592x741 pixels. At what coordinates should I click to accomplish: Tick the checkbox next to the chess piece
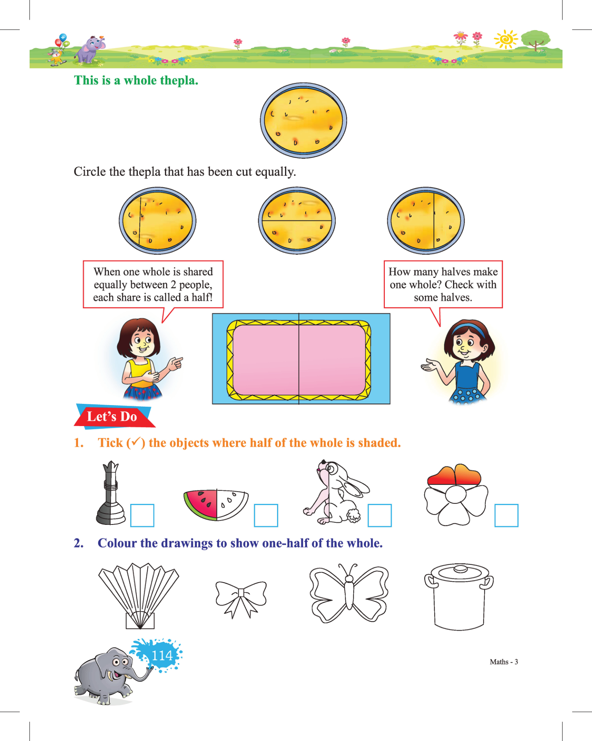click(142, 515)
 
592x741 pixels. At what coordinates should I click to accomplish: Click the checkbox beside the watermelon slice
click(266, 515)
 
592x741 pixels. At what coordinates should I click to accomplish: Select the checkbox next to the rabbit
click(379, 515)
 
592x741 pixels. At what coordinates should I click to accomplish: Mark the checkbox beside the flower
click(506, 515)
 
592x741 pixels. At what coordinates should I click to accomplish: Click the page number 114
click(162, 655)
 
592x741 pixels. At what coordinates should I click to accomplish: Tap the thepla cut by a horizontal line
click(297, 221)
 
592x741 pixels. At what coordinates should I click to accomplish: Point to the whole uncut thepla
click(303, 120)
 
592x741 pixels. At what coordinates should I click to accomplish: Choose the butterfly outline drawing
click(349, 593)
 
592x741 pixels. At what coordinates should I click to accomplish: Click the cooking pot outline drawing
click(459, 597)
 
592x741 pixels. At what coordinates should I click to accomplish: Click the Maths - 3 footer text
click(504, 662)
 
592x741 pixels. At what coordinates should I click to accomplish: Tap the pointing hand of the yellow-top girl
click(175, 363)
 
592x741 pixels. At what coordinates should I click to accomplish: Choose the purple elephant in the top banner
click(90, 49)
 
